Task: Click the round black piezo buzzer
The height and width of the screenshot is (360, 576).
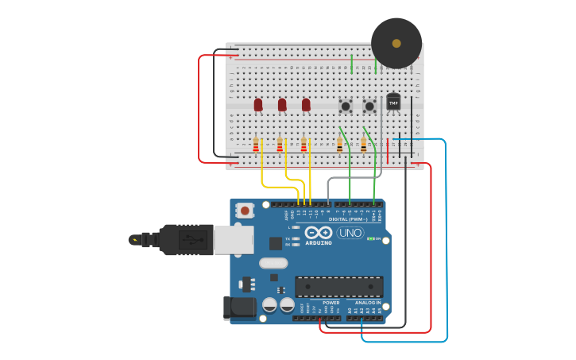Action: (396, 43)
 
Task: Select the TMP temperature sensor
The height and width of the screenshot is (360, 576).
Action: (393, 102)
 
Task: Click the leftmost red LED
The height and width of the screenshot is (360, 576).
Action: (258, 104)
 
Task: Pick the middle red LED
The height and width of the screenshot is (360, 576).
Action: (282, 104)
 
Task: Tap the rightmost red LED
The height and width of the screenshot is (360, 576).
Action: (306, 104)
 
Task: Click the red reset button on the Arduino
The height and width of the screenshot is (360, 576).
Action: (245, 211)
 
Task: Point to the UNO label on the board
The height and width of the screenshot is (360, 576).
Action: (350, 233)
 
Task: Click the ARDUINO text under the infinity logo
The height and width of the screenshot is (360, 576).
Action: (319, 242)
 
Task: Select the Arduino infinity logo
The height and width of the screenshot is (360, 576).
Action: (319, 231)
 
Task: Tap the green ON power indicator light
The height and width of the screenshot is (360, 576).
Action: (370, 238)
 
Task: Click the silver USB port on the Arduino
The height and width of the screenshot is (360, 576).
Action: (234, 240)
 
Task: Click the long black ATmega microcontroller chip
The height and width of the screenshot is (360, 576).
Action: (339, 287)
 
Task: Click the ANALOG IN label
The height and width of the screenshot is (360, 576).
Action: (367, 303)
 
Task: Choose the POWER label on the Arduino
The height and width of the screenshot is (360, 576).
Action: (331, 303)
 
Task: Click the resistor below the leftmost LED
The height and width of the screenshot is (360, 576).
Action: (256, 145)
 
